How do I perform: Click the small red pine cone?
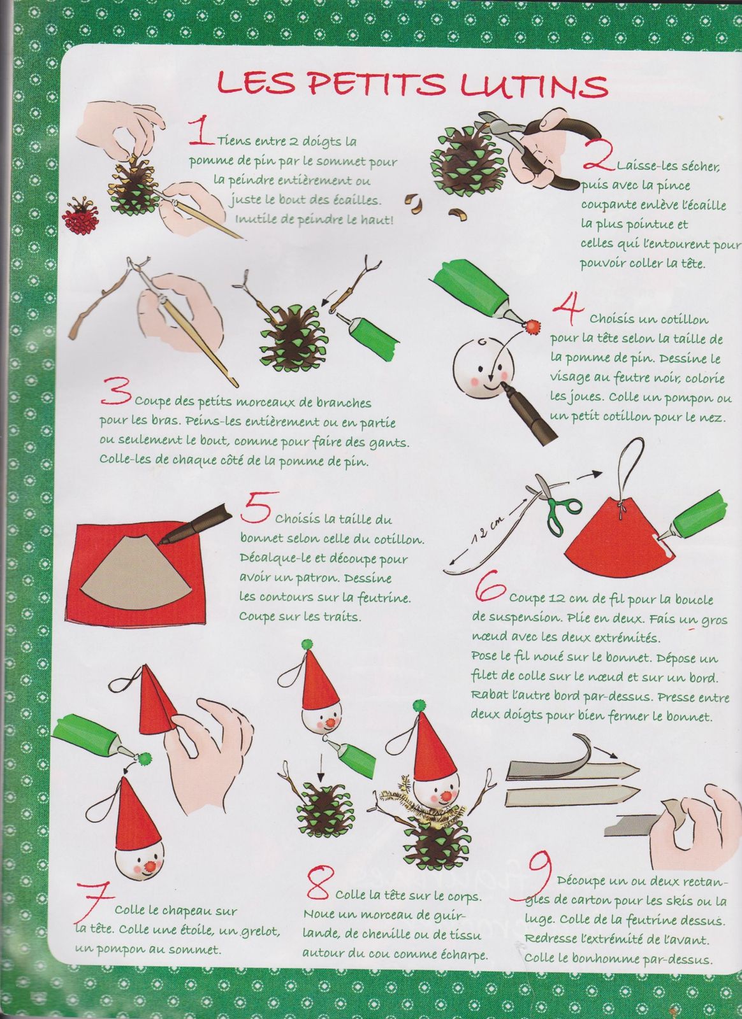click(82, 214)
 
